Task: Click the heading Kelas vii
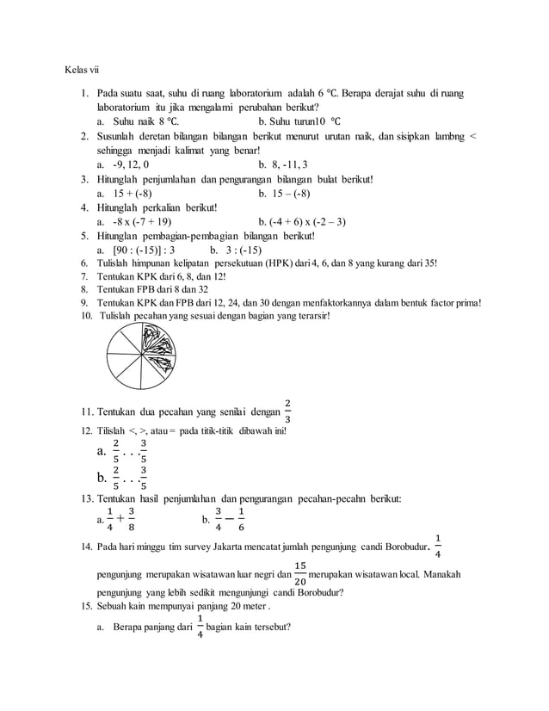(x=83, y=70)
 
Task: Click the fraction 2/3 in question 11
(x=287, y=411)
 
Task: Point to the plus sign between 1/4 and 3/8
(x=120, y=519)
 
